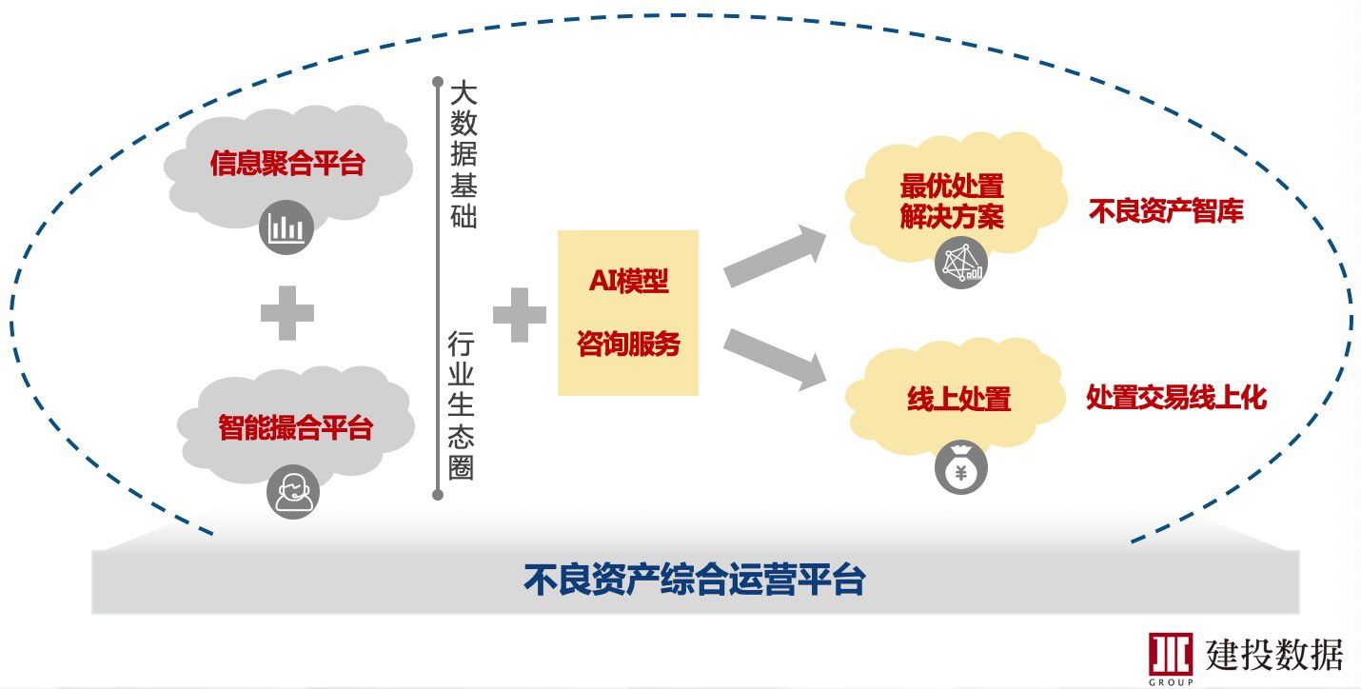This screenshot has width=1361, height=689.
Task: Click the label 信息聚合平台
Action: pyautogui.click(x=287, y=164)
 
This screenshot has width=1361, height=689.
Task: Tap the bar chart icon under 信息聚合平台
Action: pyautogui.click(x=286, y=227)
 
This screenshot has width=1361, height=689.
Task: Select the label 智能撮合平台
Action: pyautogui.click(x=295, y=428)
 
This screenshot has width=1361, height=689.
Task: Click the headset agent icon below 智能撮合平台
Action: pyautogui.click(x=293, y=491)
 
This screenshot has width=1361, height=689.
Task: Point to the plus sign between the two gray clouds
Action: pyautogui.click(x=287, y=314)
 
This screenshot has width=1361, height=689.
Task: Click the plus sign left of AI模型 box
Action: pyautogui.click(x=519, y=315)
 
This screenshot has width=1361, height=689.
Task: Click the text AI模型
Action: pyautogui.click(x=628, y=282)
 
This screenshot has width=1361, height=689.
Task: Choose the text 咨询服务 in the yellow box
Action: pyautogui.click(x=628, y=344)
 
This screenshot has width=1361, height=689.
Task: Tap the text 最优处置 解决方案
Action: pyautogui.click(x=952, y=201)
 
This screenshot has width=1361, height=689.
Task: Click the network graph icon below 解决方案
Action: pyautogui.click(x=960, y=262)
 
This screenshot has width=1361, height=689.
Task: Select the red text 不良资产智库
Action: pyautogui.click(x=1166, y=211)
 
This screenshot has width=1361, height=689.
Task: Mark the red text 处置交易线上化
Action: pyautogui.click(x=1176, y=398)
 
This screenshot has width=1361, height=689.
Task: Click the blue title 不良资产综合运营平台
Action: pyautogui.click(x=694, y=580)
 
